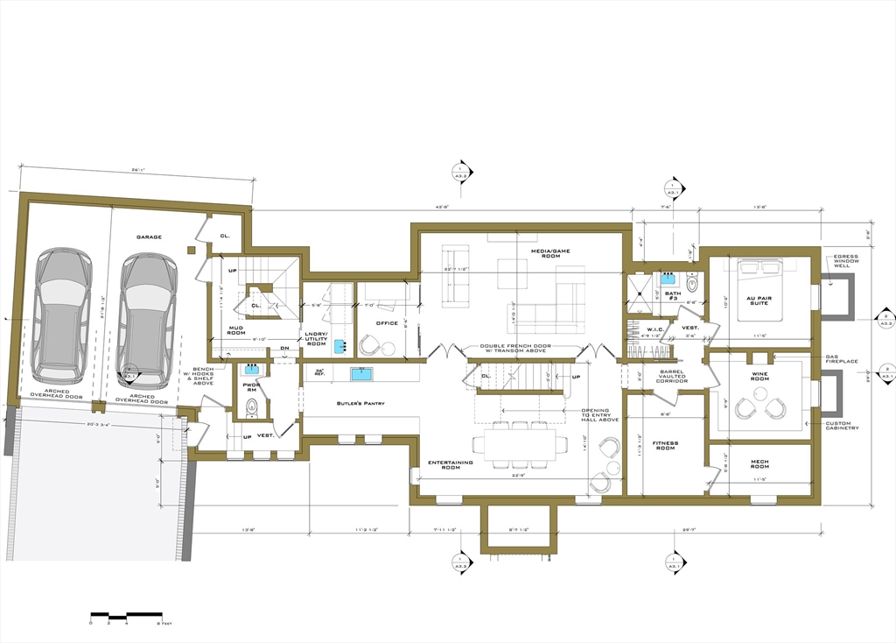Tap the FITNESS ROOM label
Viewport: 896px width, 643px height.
(x=666, y=446)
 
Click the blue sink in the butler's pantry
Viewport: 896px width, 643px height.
(x=360, y=374)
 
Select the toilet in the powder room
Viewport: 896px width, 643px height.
(x=252, y=405)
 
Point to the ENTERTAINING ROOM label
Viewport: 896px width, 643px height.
(x=451, y=465)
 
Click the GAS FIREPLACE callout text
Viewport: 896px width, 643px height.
(x=845, y=360)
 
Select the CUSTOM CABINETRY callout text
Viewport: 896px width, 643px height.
(x=843, y=426)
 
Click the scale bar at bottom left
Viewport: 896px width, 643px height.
(x=126, y=614)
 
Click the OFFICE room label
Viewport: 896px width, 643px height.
(x=387, y=323)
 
